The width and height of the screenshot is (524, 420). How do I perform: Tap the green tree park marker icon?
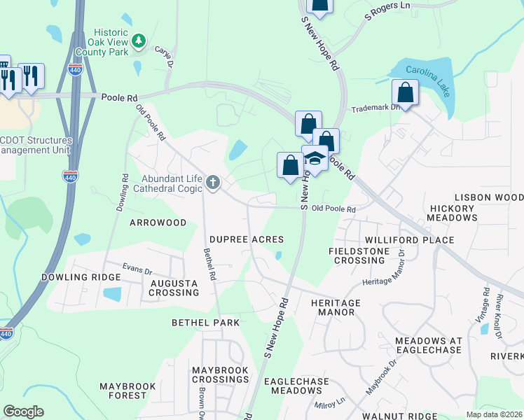139,41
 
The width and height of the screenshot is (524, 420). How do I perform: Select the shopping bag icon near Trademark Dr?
406,92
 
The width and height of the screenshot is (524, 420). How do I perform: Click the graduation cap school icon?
315,160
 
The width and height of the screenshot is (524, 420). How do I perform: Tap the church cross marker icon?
213,183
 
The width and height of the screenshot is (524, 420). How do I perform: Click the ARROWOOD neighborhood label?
158,223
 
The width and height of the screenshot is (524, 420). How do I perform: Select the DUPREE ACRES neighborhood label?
247,239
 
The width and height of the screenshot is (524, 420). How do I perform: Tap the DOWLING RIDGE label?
81,277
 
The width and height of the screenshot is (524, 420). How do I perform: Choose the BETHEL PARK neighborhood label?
206,323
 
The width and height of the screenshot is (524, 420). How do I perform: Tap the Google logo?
23,412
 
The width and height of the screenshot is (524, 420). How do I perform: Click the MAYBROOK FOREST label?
132,391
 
